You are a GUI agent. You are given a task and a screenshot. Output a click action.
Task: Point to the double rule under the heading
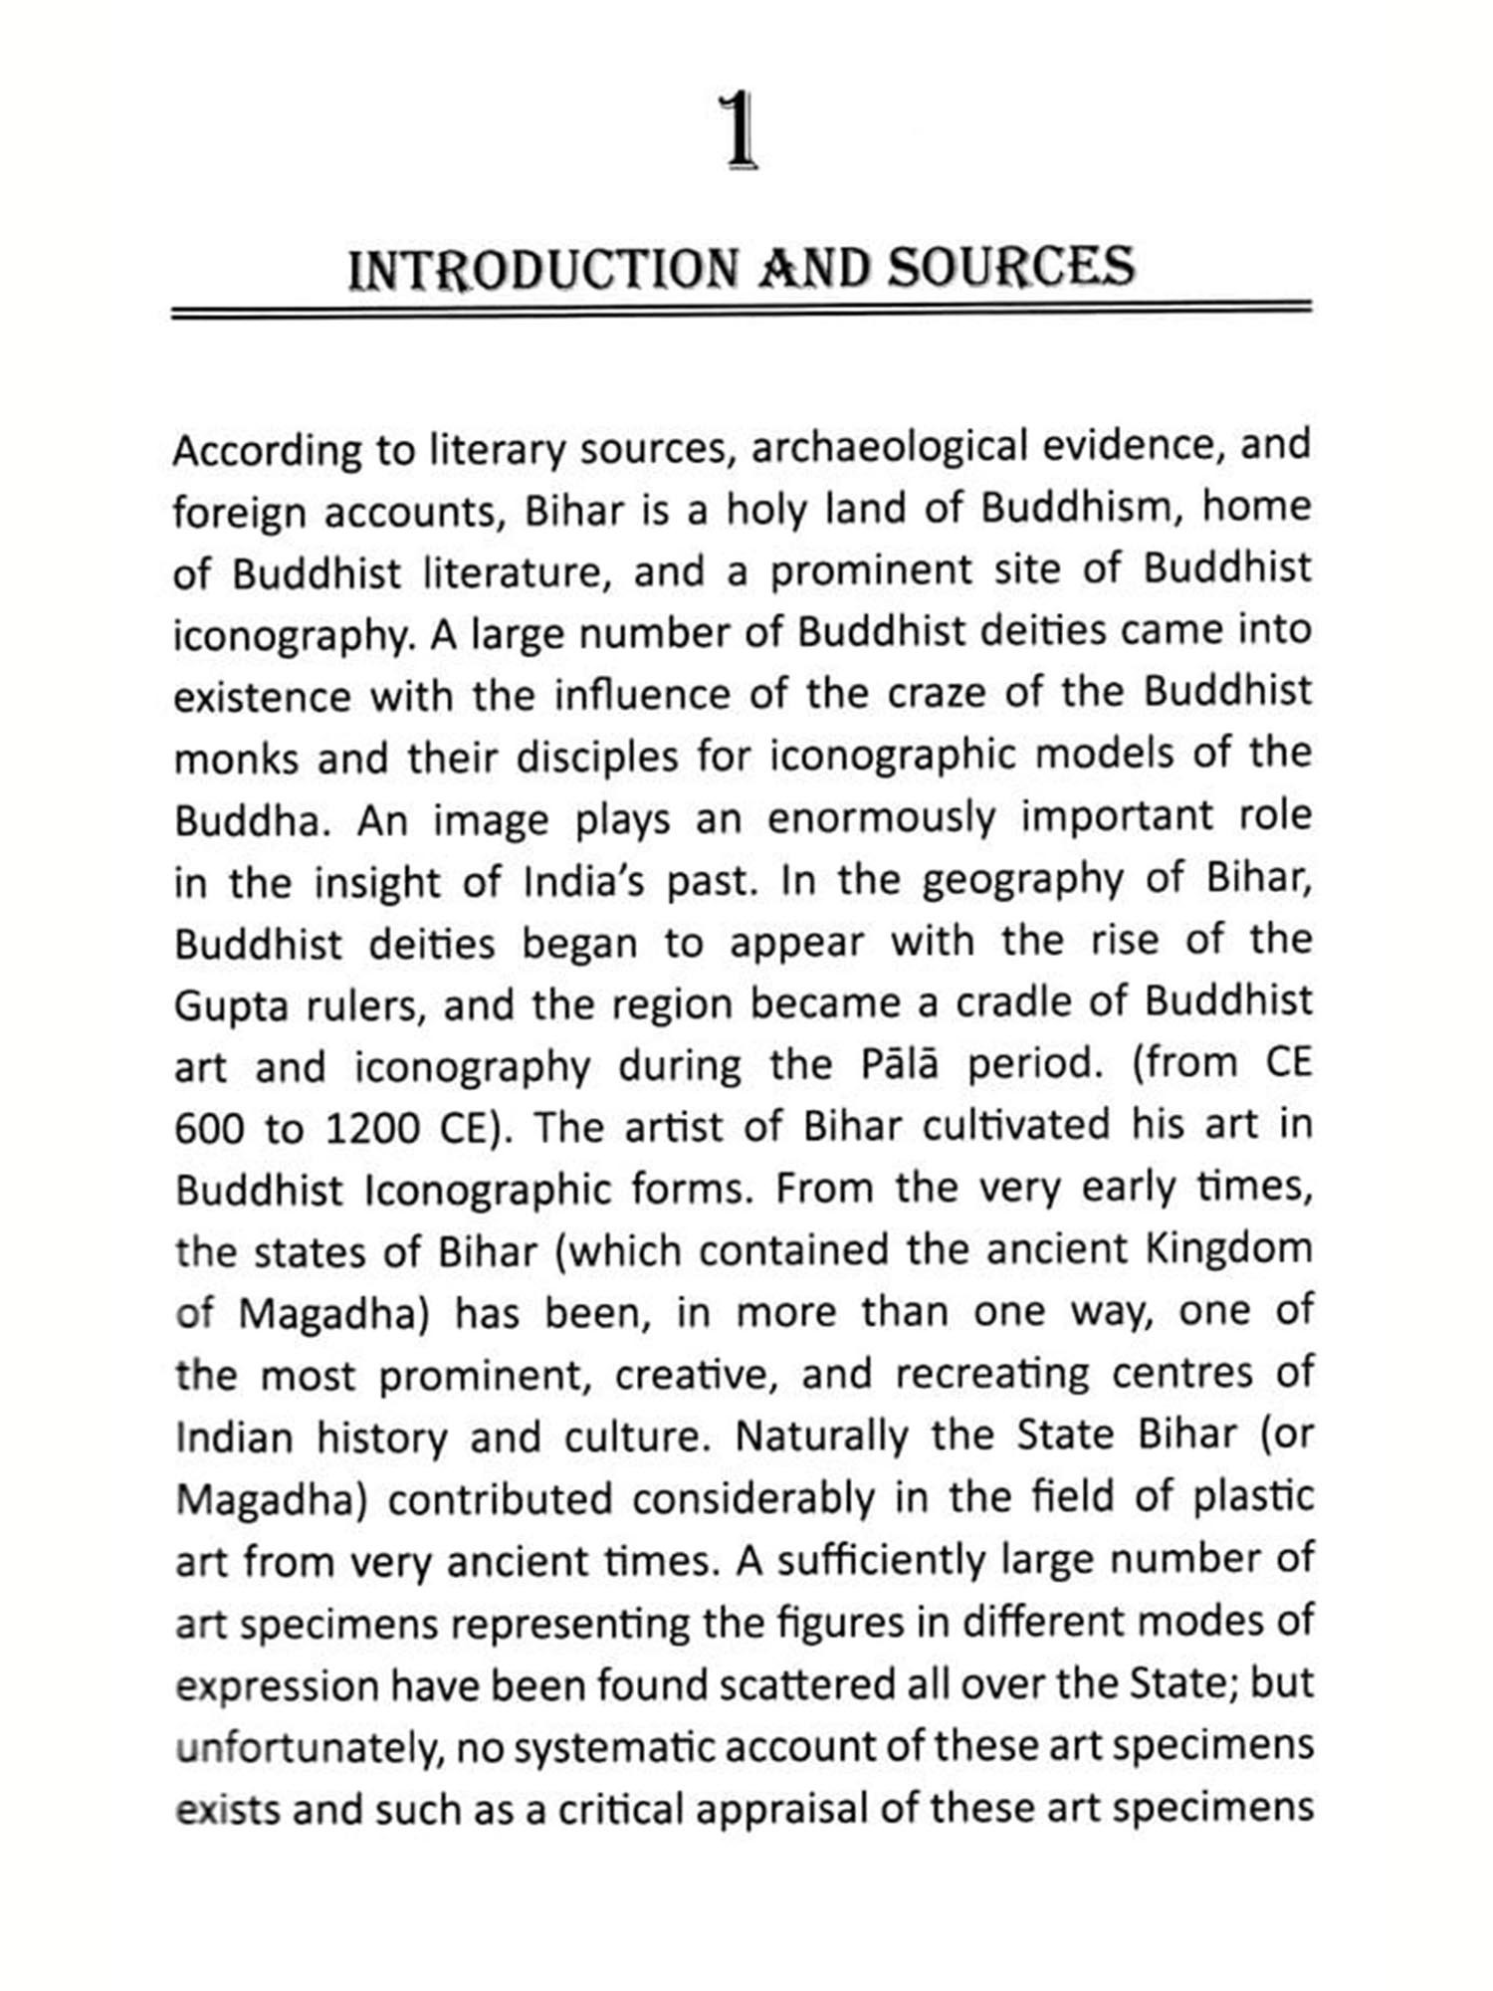point(741,312)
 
